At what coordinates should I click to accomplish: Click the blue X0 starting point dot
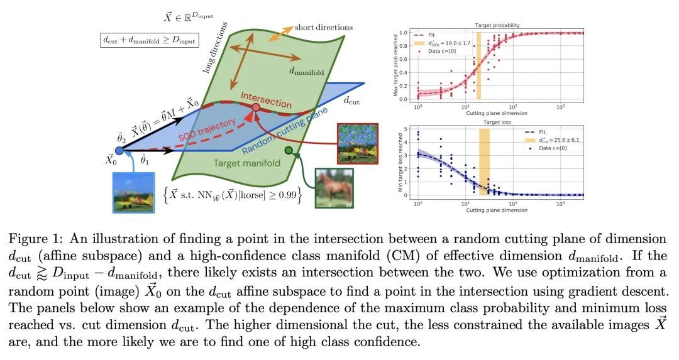119,151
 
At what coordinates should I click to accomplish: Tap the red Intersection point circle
255,108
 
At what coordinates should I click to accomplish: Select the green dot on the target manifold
289,150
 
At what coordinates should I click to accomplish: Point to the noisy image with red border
357,142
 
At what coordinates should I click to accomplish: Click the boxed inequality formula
148,40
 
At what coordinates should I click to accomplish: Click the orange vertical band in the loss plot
484,161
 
